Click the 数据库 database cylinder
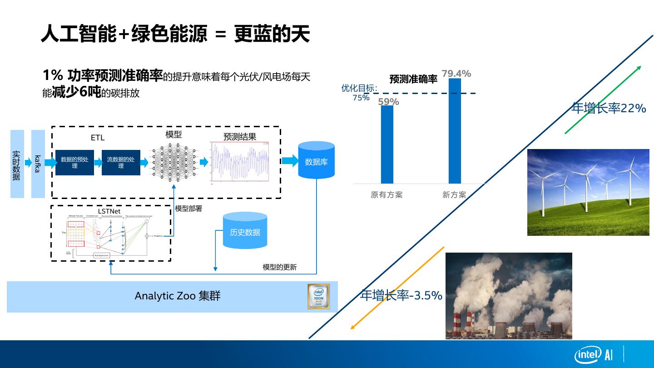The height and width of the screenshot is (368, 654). pyautogui.click(x=316, y=160)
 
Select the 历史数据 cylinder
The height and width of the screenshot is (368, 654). pyautogui.click(x=245, y=231)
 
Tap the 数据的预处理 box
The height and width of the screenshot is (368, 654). pyautogui.click(x=74, y=163)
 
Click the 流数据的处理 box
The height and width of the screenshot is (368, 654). pyautogui.click(x=121, y=163)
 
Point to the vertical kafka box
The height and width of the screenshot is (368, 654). pyautogui.click(x=38, y=164)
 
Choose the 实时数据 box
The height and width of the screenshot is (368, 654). pyautogui.click(x=17, y=164)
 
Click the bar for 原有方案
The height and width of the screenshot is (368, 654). pyautogui.click(x=387, y=144)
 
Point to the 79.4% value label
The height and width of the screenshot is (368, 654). pyautogui.click(x=456, y=74)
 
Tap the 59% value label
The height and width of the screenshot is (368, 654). pyautogui.click(x=388, y=102)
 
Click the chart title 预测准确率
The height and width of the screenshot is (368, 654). pyautogui.click(x=413, y=79)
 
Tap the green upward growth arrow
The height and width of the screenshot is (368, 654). pyautogui.click(x=603, y=99)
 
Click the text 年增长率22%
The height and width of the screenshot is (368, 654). pyautogui.click(x=609, y=108)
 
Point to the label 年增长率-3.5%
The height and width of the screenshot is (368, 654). pyautogui.click(x=401, y=296)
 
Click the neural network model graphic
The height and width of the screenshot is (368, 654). pyautogui.click(x=173, y=162)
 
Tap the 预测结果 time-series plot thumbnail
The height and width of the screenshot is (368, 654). pyautogui.click(x=239, y=162)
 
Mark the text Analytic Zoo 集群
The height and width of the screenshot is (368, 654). pyautogui.click(x=178, y=296)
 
